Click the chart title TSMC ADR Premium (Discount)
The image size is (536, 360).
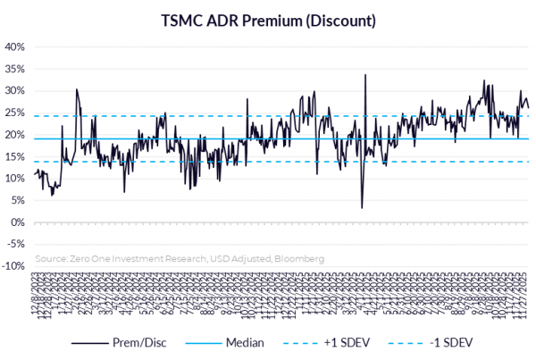(268, 19)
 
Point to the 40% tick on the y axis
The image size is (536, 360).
(15, 46)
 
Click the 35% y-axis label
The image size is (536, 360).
(15, 69)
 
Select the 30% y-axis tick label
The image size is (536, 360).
(15, 90)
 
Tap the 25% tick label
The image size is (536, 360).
(15, 113)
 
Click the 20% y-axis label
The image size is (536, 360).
(15, 134)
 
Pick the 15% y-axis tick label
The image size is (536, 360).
(15, 156)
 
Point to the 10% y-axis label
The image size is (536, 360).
(15, 178)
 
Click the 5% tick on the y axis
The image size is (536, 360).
(18, 200)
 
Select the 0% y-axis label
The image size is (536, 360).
(18, 222)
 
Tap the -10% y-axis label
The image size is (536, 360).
(13, 265)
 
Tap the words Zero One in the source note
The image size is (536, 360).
(86, 258)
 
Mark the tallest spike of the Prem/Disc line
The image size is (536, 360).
(365, 75)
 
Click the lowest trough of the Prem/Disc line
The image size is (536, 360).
(362, 208)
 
